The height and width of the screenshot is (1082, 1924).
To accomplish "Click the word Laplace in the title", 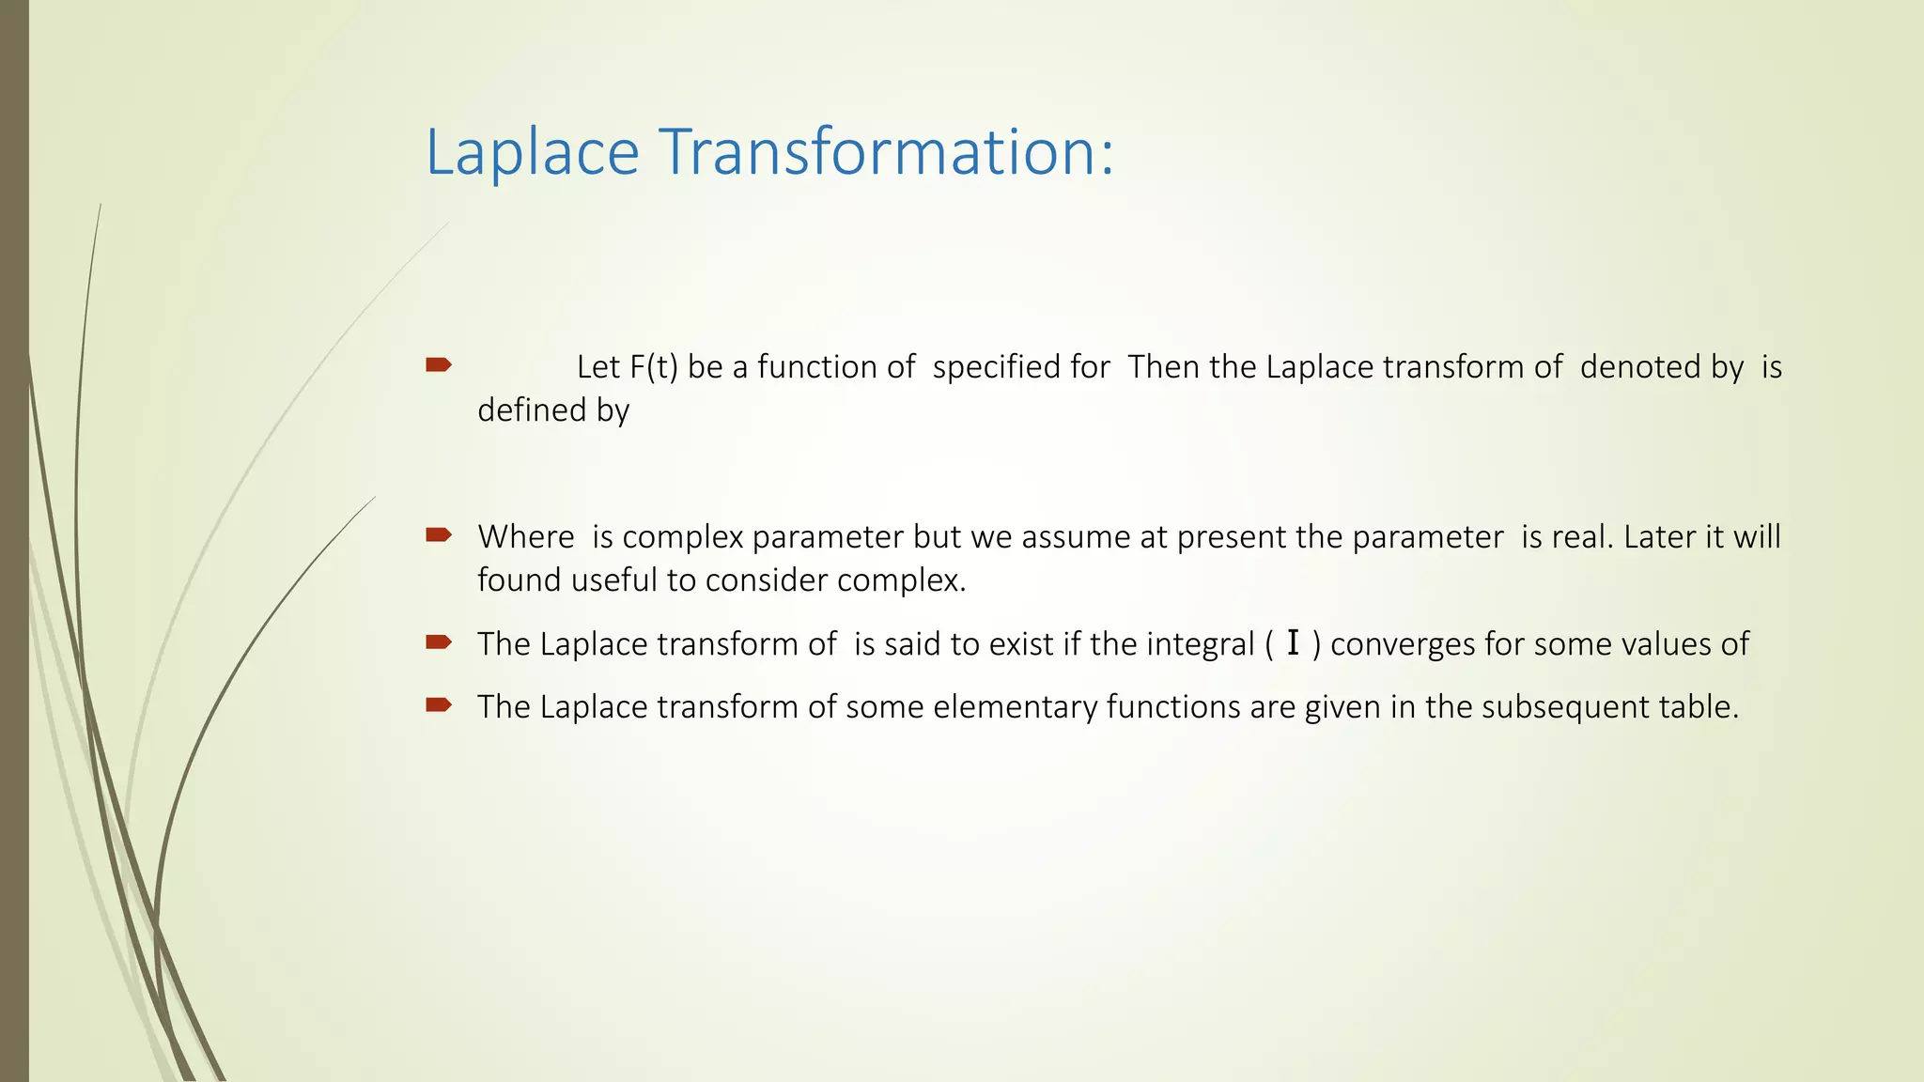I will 532,152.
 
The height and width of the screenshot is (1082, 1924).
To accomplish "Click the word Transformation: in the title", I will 886,152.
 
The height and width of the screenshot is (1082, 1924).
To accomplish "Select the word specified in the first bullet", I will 1021,367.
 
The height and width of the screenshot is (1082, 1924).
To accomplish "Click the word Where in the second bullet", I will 525,537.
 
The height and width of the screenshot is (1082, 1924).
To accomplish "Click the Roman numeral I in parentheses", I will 1294,644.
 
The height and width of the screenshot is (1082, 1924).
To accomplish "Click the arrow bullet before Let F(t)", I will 439,365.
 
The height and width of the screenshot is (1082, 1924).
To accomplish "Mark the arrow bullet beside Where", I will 439,535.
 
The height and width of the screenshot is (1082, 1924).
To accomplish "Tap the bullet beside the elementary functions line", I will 439,705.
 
